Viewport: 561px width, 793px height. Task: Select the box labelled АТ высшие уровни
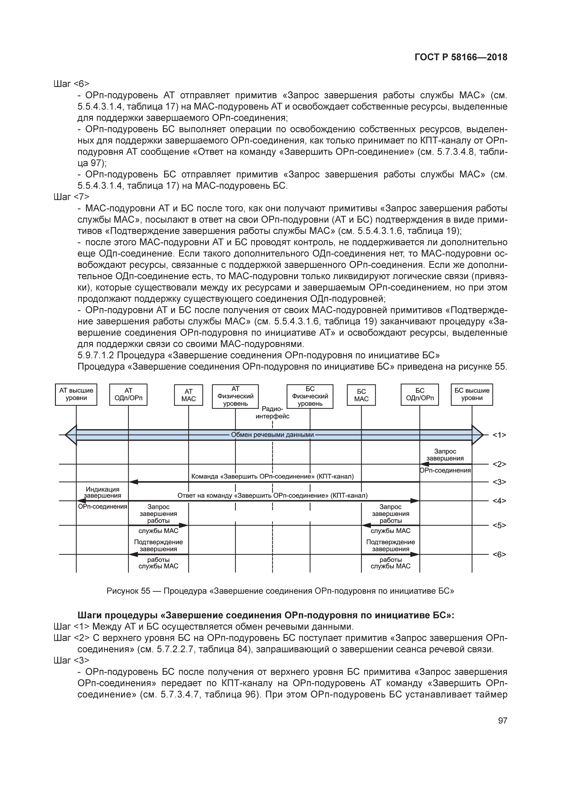coord(76,394)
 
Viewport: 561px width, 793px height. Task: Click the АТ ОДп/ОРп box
coord(128,394)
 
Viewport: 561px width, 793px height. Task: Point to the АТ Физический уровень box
coord(235,396)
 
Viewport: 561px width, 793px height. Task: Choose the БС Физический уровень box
coord(310,396)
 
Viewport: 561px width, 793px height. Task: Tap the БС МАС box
coord(361,395)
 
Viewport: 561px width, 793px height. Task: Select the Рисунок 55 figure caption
coord(280,591)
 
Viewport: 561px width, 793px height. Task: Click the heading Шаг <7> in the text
coord(71,197)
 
